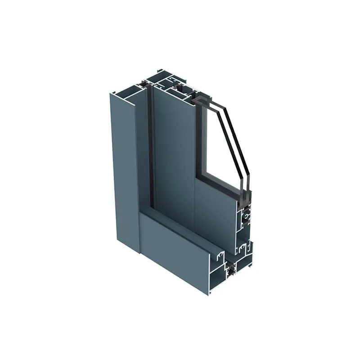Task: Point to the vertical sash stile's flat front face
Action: click(x=173, y=148)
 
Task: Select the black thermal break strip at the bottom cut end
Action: click(x=231, y=270)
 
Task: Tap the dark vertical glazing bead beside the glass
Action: click(x=199, y=139)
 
